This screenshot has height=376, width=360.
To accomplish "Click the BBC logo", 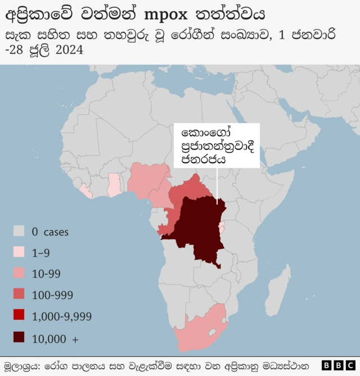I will click(339, 365).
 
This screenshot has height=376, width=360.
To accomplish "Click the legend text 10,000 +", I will click(56, 338).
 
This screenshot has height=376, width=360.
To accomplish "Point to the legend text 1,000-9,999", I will click(61, 316).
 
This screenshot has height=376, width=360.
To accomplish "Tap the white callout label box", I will click(217, 145).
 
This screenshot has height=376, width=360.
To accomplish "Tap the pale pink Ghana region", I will click(115, 185).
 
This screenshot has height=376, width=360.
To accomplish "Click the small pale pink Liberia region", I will click(86, 191).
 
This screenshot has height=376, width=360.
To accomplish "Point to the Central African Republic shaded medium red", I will click(188, 191).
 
